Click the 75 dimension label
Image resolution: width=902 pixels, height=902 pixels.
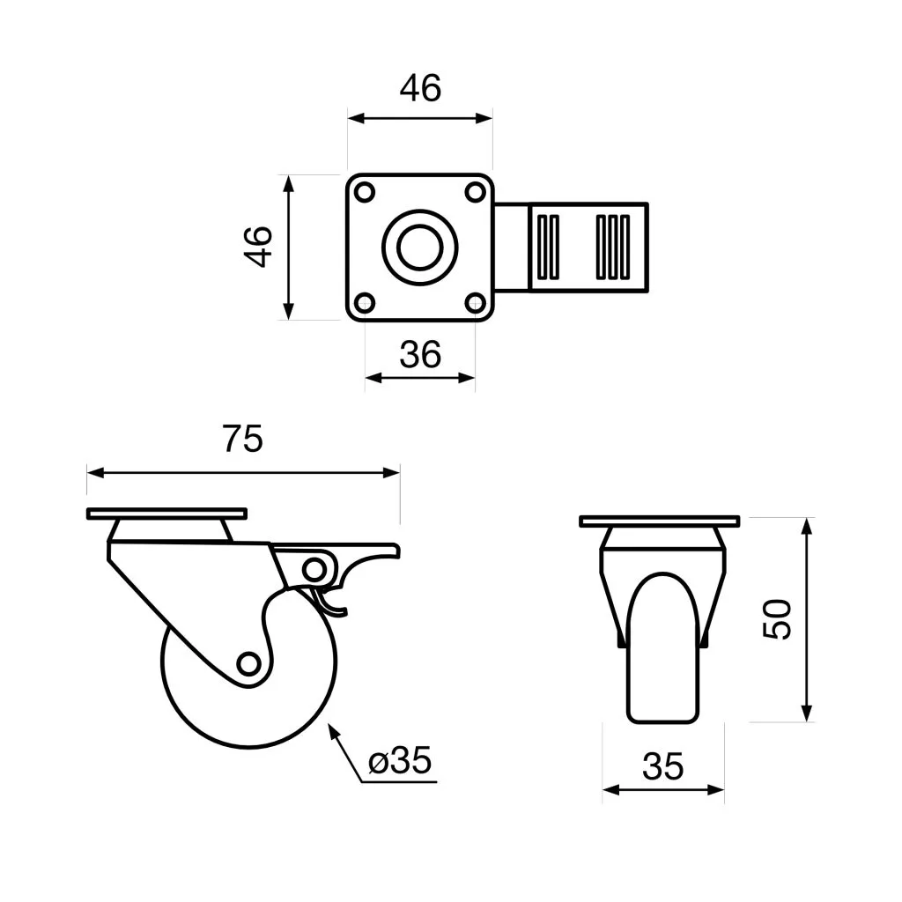243,439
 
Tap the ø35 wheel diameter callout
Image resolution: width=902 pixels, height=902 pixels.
400,760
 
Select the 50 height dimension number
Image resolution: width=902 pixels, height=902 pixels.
777,619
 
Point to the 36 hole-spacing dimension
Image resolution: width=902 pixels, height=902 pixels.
420,354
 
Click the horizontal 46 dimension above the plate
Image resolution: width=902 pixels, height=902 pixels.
420,89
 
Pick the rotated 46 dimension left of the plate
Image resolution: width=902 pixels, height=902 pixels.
259,247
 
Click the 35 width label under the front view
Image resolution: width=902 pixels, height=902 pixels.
662,766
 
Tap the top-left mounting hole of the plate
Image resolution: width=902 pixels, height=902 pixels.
365,192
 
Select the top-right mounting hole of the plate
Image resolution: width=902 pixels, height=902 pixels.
475,192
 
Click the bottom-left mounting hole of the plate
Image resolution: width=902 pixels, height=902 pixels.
365,303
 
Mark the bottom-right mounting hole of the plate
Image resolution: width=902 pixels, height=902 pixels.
475,303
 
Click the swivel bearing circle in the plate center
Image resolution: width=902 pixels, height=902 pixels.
420,248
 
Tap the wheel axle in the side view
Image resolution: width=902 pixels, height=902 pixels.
248,664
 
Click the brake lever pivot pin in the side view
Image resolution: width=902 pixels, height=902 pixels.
314,570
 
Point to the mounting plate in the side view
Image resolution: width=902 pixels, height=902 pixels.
166,514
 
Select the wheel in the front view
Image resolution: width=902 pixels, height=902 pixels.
662,647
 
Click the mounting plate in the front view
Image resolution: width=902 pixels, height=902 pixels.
659,521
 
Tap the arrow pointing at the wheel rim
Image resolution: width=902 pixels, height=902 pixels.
344,752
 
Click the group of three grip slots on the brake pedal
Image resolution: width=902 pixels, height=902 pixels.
613,248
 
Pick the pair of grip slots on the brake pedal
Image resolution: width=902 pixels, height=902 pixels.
547,248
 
